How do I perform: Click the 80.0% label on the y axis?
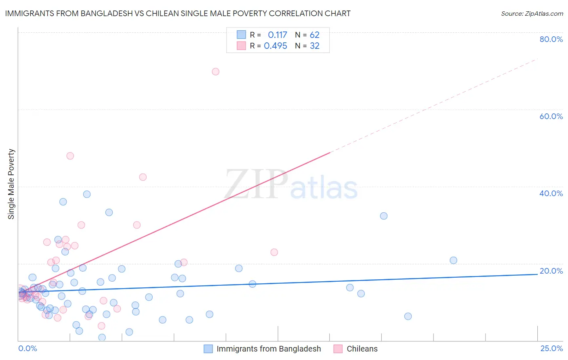tap(551, 39)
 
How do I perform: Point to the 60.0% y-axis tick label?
tap(551, 116)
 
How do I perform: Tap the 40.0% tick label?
tap(551, 193)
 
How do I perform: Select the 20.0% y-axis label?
tap(551, 271)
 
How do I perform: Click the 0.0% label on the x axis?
tap(27, 348)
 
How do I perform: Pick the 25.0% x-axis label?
tap(551, 348)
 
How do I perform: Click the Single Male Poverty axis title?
tap(11, 184)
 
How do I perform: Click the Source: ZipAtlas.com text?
tap(532, 13)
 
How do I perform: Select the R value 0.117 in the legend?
tap(277, 35)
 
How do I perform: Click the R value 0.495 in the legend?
tap(276, 46)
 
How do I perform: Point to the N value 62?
tap(314, 35)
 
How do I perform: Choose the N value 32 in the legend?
tap(314, 46)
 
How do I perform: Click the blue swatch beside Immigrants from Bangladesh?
tap(208, 349)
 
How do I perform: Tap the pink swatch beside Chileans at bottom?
tap(338, 349)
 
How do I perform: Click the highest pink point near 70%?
tap(215, 71)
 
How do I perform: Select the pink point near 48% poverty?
tap(70, 156)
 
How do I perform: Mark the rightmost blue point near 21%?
tap(453, 260)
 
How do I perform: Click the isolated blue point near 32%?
tap(384, 216)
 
